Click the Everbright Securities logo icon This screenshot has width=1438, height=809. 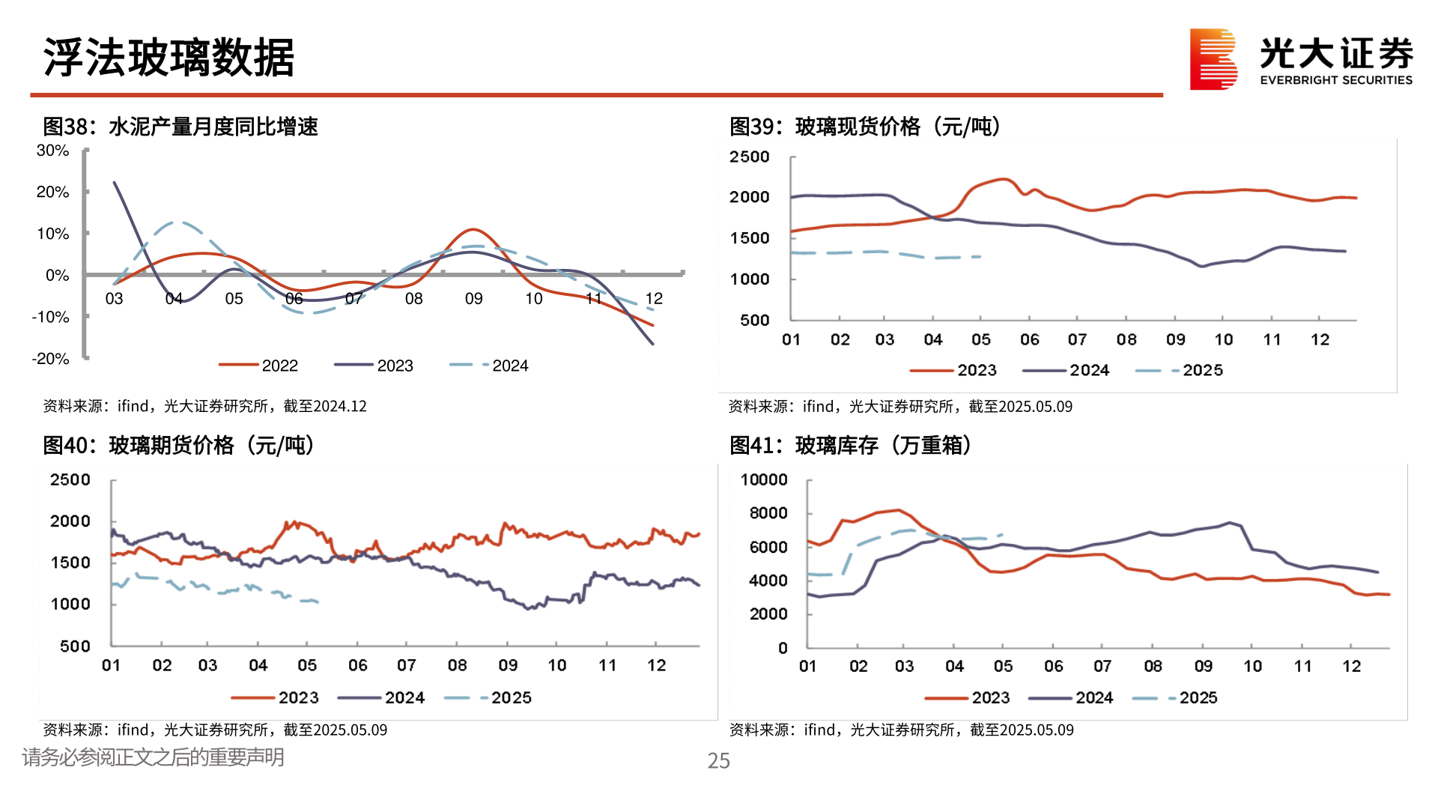pyautogui.click(x=1213, y=59)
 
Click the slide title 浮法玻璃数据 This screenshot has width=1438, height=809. pyautogui.click(x=169, y=58)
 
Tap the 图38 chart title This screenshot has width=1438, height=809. pyautogui.click(x=180, y=127)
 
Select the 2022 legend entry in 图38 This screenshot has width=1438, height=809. pyautogui.click(x=259, y=366)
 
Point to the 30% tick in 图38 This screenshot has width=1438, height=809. pyautogui.click(x=53, y=151)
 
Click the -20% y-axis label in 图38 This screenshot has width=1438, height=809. pyautogui.click(x=51, y=359)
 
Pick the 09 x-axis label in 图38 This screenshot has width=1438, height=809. pyautogui.click(x=473, y=299)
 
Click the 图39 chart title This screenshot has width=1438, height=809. pyautogui.click(x=864, y=127)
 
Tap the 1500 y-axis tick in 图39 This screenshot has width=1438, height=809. pyautogui.click(x=750, y=238)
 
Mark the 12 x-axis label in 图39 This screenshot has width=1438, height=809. pyautogui.click(x=1320, y=339)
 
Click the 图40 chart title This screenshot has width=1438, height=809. pyautogui.click(x=178, y=445)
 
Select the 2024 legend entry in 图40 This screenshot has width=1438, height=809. pyautogui.click(x=382, y=697)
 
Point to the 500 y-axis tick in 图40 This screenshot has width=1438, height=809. pyautogui.click(x=75, y=646)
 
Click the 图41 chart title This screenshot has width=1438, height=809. pyautogui.click(x=851, y=445)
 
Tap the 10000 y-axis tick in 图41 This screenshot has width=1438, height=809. pyautogui.click(x=764, y=479)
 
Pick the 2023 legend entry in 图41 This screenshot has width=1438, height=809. pyautogui.click(x=968, y=697)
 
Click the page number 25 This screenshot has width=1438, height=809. pyautogui.click(x=718, y=761)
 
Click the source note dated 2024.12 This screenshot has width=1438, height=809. pyautogui.click(x=204, y=406)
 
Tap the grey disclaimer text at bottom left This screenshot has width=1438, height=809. pyautogui.click(x=153, y=757)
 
